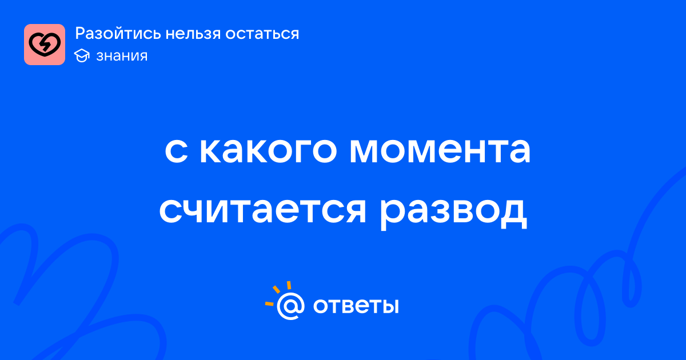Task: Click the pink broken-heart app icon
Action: pos(45,45)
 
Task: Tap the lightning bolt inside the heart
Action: pos(46,45)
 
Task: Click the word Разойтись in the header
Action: pos(118,34)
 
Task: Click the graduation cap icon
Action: pos(82,55)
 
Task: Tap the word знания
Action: pos(122,56)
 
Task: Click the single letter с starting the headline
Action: pos(177,151)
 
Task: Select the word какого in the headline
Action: pos(269,151)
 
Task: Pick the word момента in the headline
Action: pos(440,151)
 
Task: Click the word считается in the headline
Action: pos(263,211)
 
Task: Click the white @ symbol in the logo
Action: pos(290,306)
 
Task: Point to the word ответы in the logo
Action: pos(356,306)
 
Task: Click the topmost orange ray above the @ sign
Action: pos(289,285)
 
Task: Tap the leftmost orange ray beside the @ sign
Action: pos(269,304)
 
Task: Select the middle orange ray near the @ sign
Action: pos(276,289)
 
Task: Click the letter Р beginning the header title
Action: pos(80,34)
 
